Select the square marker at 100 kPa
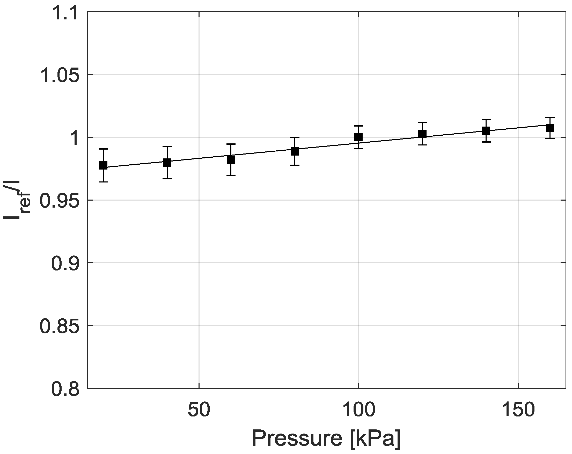click(358, 137)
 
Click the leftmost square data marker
click(103, 165)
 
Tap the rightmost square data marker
click(550, 128)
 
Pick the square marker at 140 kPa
click(486, 130)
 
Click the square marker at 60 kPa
click(231, 160)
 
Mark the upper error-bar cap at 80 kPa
click(295, 138)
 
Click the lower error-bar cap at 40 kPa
click(167, 179)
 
